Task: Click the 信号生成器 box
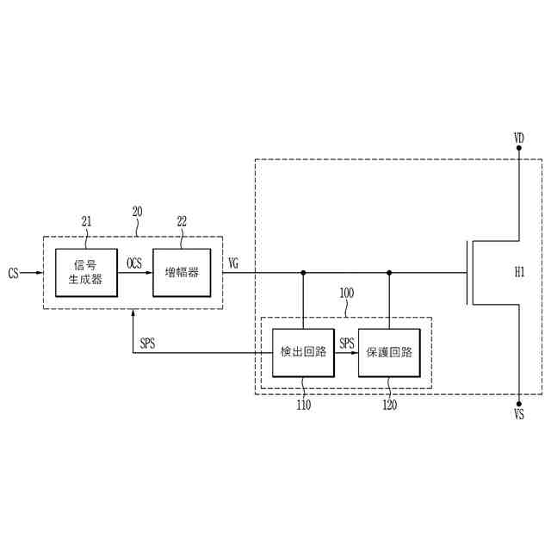[x=85, y=272]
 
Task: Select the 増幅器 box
[x=182, y=272]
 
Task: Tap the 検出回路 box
[x=303, y=352]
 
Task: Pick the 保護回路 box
[x=389, y=352]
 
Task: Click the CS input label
[x=13, y=273]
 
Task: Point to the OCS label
[x=134, y=263]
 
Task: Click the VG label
[x=233, y=263]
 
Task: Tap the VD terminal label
[x=519, y=137]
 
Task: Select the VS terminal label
[x=519, y=415]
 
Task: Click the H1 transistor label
[x=519, y=273]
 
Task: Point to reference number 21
[x=86, y=221]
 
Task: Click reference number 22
[x=182, y=221]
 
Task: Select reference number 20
[x=137, y=211]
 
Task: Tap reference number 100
[x=346, y=293]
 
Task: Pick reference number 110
[x=303, y=406]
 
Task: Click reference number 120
[x=389, y=406]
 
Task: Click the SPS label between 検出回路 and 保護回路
[x=346, y=343]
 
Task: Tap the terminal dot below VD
[x=519, y=148]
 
